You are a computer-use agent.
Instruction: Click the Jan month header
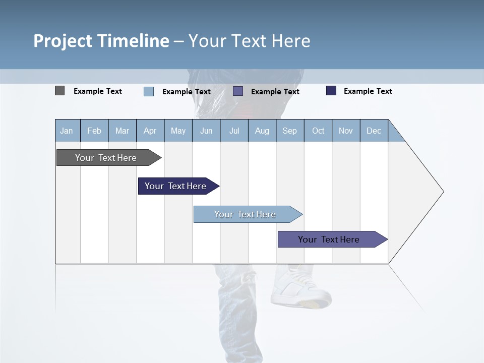(x=67, y=131)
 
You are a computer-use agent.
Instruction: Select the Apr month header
(x=150, y=131)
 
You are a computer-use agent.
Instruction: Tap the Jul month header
(x=234, y=131)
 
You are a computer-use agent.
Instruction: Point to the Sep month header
(x=289, y=131)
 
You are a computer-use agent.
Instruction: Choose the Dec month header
(x=374, y=131)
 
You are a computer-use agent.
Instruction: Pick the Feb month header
(x=94, y=131)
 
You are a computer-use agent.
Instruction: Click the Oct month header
(x=318, y=131)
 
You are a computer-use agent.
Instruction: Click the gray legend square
(x=59, y=91)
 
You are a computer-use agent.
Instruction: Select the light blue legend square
(x=149, y=91)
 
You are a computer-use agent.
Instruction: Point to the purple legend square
(x=238, y=91)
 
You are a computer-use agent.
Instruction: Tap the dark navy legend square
(x=331, y=91)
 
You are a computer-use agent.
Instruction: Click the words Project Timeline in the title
(x=101, y=41)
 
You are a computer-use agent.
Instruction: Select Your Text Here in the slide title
(x=250, y=41)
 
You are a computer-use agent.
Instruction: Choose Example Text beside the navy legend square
(x=368, y=91)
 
